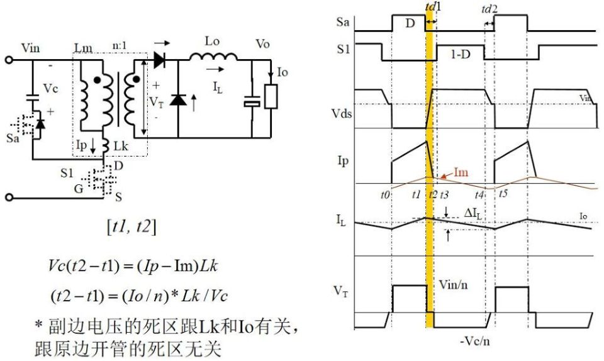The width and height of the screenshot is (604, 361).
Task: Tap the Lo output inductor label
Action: (212, 42)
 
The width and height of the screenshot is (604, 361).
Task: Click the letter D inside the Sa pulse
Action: (410, 24)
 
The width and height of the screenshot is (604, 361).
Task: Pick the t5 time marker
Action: (502, 194)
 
